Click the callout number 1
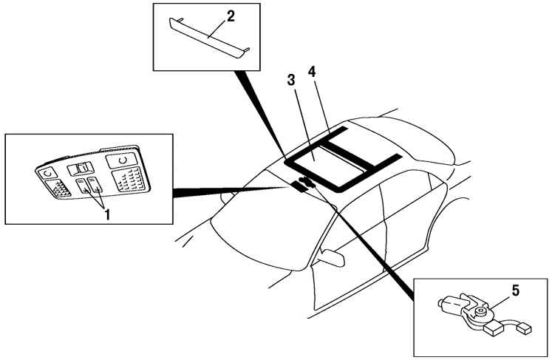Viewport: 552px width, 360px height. click(x=107, y=214)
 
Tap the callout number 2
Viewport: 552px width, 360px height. click(x=231, y=16)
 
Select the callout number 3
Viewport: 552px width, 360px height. click(x=291, y=80)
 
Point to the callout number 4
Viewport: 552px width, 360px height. click(x=312, y=72)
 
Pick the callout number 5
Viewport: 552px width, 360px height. click(x=515, y=291)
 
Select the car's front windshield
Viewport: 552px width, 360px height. click(x=268, y=225)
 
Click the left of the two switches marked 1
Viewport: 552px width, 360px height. click(x=84, y=186)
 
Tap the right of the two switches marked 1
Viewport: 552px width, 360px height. click(x=95, y=185)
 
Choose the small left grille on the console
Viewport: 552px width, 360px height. click(x=58, y=188)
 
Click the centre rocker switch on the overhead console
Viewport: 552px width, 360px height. click(x=81, y=169)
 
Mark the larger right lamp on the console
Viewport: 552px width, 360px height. click(x=121, y=160)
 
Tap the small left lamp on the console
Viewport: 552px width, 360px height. click(x=48, y=173)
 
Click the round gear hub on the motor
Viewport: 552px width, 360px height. click(x=479, y=311)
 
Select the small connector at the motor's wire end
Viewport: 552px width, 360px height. click(x=525, y=328)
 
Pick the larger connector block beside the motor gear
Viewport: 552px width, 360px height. click(x=494, y=329)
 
